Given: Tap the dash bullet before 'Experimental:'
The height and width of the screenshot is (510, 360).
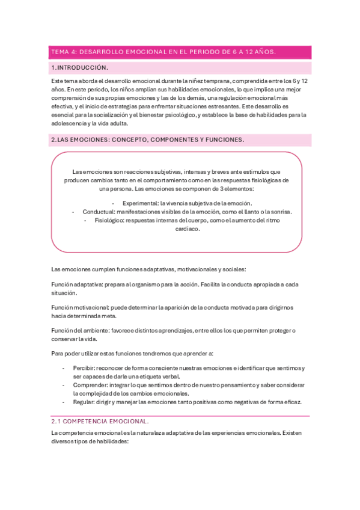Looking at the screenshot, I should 113,203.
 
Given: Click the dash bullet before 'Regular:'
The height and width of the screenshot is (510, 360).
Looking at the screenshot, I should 64,401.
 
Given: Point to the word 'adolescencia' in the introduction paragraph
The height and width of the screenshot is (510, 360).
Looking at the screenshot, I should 69,123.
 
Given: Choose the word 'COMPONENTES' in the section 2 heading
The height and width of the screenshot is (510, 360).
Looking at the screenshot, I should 168,140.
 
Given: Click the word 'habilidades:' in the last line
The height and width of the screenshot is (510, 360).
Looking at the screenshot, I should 111,441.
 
